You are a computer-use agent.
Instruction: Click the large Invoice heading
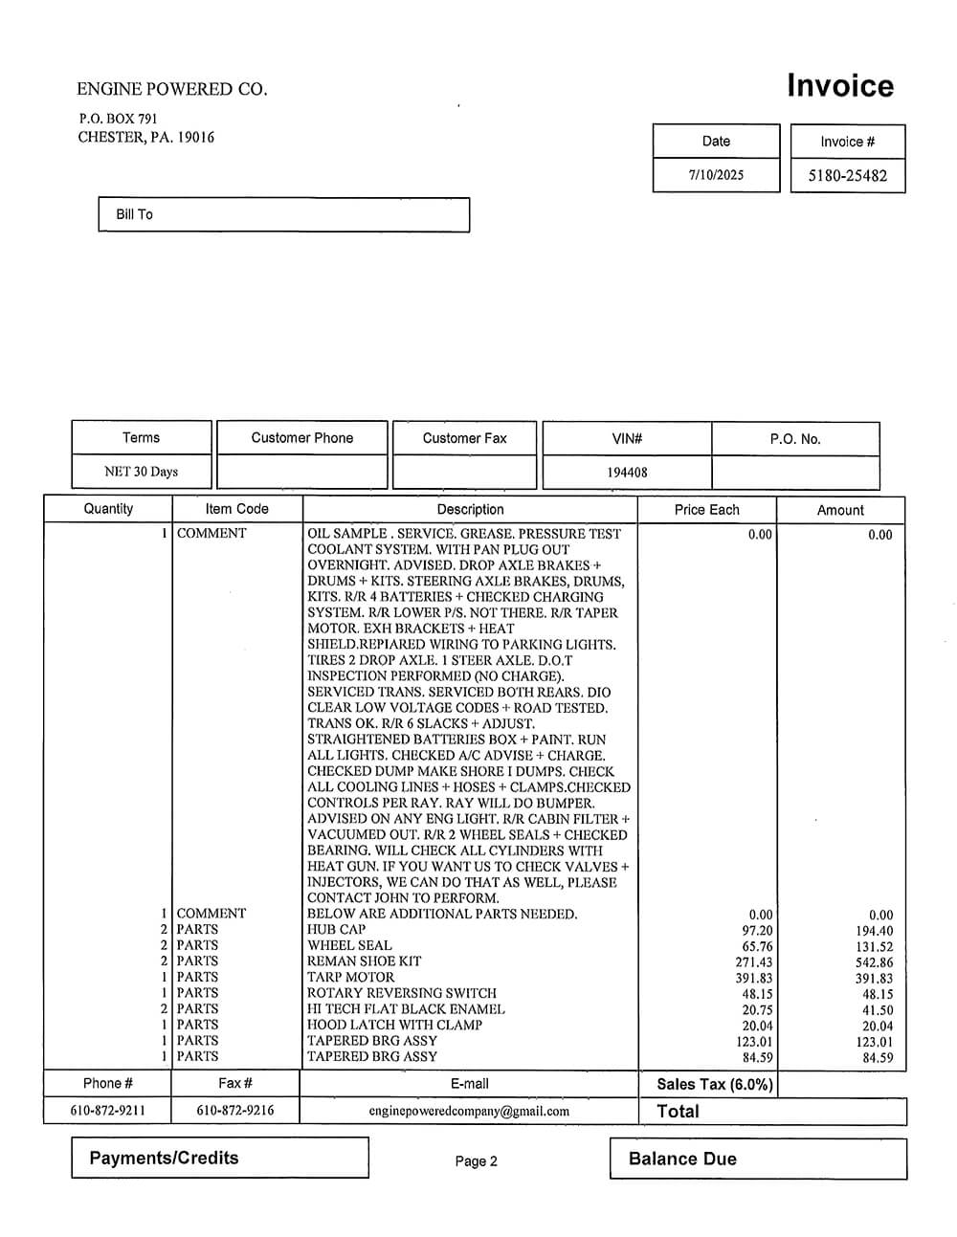(839, 86)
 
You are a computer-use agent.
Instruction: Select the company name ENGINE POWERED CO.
(172, 89)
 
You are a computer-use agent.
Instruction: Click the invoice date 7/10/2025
(716, 175)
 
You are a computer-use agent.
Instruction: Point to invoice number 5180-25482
(847, 176)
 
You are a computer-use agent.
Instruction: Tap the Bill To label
(134, 214)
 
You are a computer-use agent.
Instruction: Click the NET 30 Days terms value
(141, 472)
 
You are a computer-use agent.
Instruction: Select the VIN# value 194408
(627, 473)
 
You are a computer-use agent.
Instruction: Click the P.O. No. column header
(795, 439)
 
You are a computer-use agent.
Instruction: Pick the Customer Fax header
(464, 438)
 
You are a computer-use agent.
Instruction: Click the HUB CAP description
(336, 930)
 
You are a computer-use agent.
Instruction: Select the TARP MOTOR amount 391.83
(874, 979)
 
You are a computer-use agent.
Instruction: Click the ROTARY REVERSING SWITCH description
(402, 993)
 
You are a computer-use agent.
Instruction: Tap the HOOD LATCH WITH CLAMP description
(394, 1025)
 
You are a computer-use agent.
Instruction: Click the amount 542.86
(874, 962)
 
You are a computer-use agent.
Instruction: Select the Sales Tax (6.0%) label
(715, 1084)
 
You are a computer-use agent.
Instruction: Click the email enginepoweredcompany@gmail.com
(469, 1112)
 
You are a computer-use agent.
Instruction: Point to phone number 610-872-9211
(108, 1112)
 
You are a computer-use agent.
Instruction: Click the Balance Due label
(682, 1160)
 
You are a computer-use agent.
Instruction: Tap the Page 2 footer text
(476, 1161)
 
